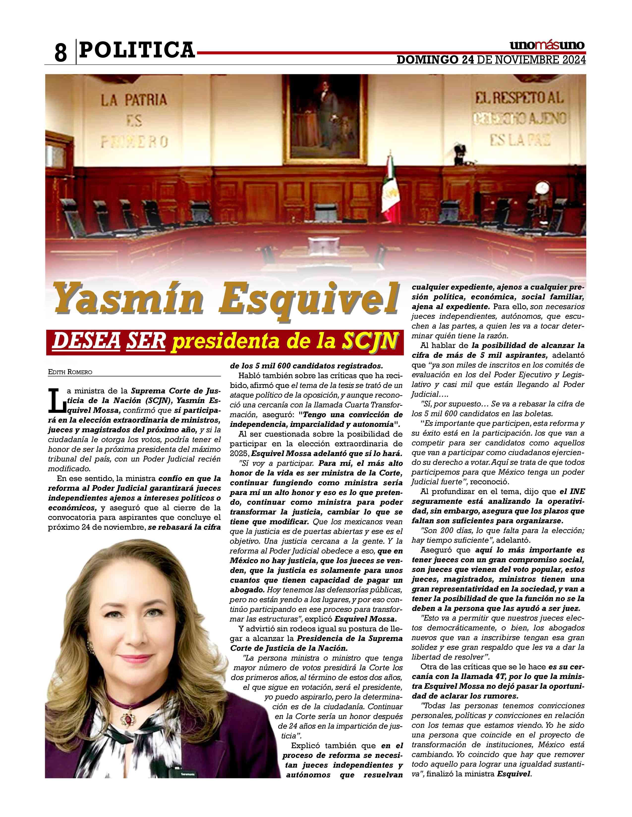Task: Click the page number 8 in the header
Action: (x=61, y=52)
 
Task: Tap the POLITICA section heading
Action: (x=137, y=50)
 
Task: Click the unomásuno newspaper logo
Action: (x=547, y=45)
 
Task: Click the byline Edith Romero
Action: (x=70, y=372)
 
